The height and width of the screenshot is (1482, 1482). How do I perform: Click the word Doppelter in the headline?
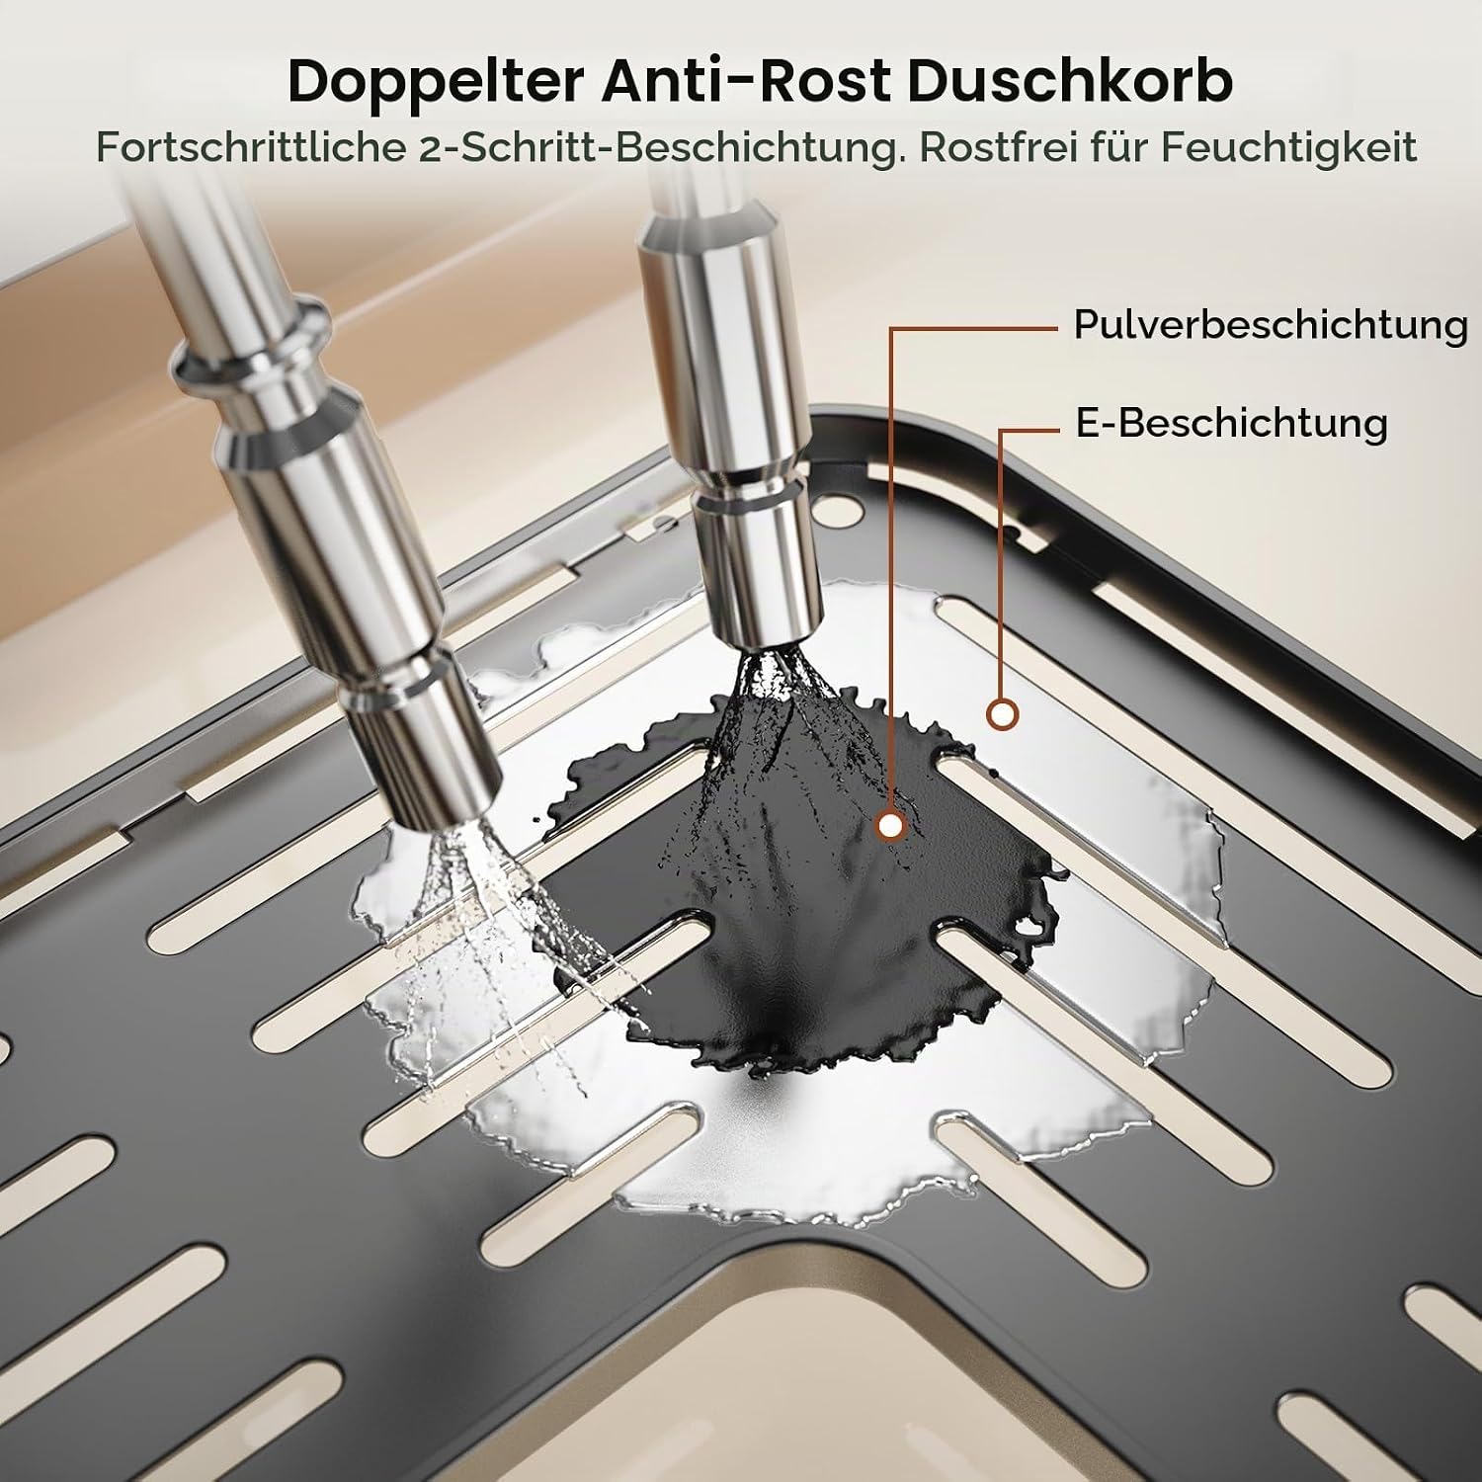click(x=436, y=82)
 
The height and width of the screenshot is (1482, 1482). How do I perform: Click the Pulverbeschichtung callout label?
click(x=1271, y=325)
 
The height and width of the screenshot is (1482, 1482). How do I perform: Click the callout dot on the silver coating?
click(x=1003, y=713)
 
